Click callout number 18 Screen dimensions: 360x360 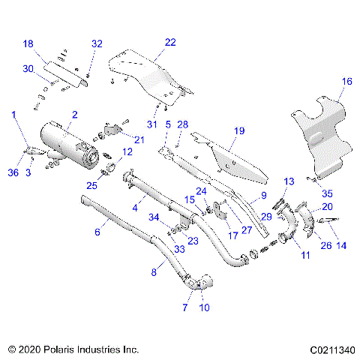[x=28, y=45]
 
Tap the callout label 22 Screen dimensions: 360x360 [x=170, y=42]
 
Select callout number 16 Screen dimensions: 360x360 [x=346, y=81]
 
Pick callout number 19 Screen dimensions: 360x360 [x=238, y=130]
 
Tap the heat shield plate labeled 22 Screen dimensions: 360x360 [x=150, y=71]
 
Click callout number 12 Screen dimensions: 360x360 [x=127, y=151]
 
